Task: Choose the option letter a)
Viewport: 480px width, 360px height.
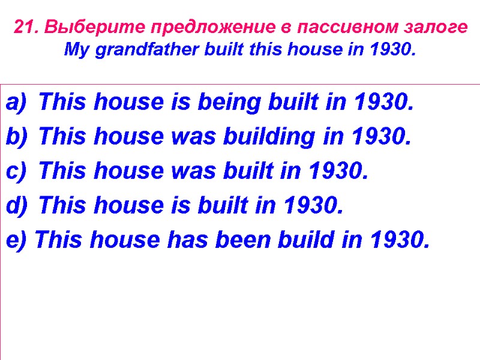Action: (x=16, y=103)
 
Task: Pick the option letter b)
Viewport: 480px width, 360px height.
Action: (x=16, y=137)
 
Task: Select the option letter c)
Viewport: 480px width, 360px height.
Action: (x=16, y=172)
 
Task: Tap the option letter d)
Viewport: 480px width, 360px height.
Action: (x=16, y=206)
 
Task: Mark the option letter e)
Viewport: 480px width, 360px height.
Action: (x=16, y=241)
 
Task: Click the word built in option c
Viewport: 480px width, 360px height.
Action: (x=253, y=172)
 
